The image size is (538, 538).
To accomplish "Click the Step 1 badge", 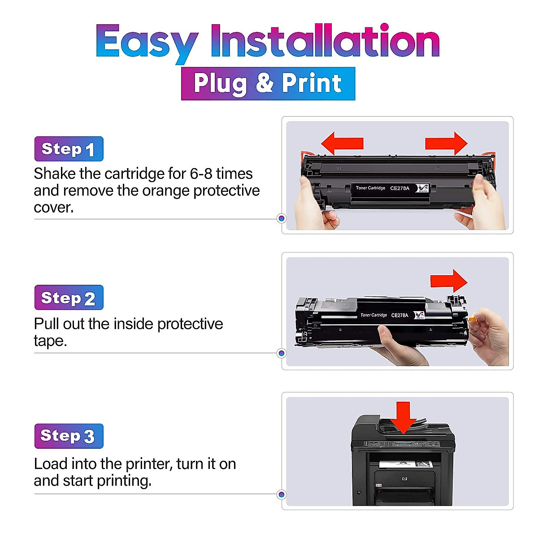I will pos(69,149).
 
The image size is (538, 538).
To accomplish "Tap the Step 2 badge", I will pos(69,298).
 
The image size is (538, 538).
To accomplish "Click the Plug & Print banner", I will pos(268,83).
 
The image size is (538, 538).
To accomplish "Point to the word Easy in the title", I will pos(147,43).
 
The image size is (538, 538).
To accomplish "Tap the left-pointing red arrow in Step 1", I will pos(342,143).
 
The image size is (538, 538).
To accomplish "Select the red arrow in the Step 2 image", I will pos(449,281).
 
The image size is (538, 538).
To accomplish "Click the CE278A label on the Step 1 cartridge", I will pos(399,188).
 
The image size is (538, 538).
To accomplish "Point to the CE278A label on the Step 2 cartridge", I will pos(399,315).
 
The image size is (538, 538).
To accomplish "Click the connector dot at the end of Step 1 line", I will pos(282,218).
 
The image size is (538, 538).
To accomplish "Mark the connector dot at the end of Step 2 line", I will pos(282,353).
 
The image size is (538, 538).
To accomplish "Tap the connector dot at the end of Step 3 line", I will pos(282,495).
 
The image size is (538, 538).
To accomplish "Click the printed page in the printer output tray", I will pos(405,464).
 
